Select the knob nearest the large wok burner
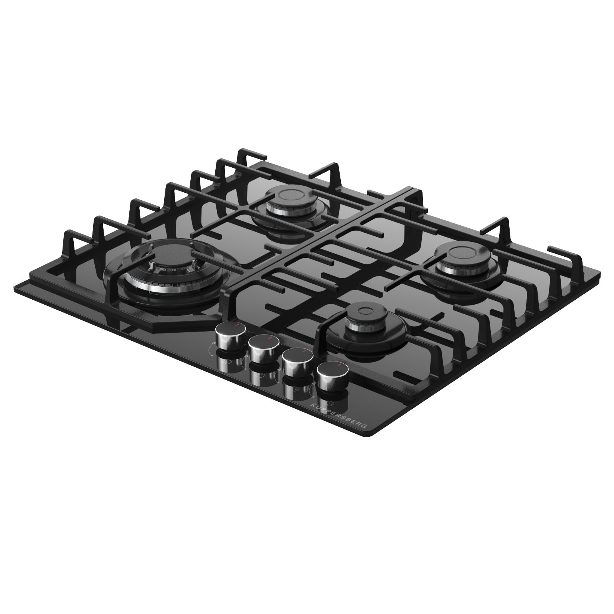[231, 336]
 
